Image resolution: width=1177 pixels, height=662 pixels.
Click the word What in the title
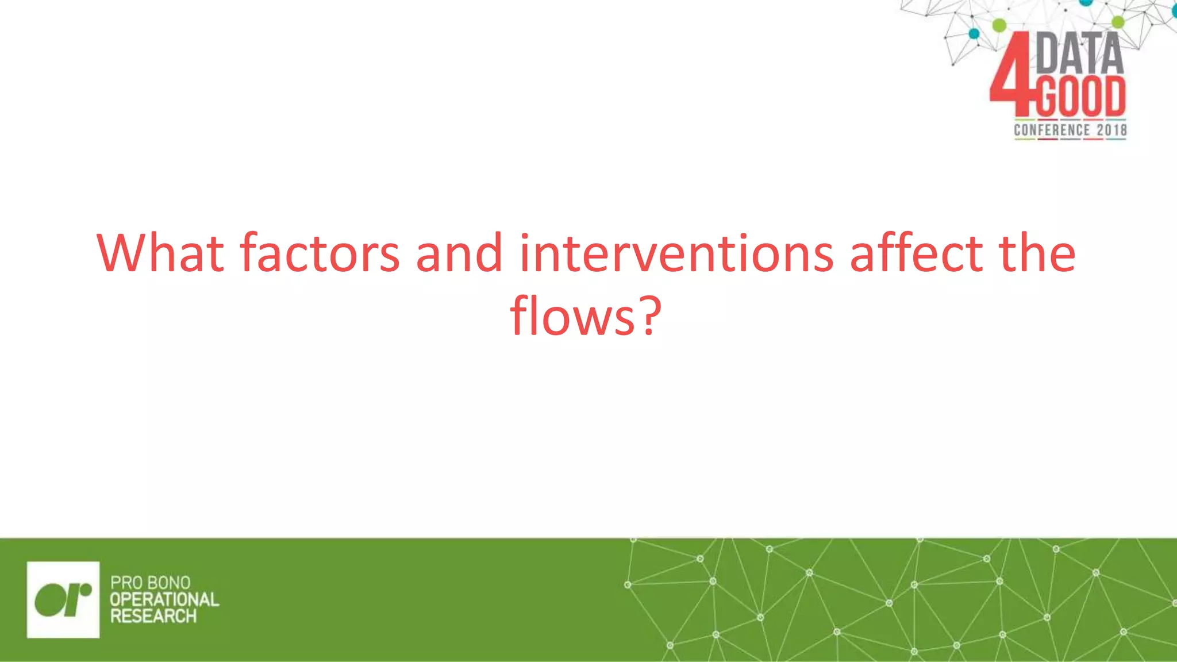click(x=160, y=253)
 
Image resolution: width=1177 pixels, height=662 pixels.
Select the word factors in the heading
click(x=320, y=253)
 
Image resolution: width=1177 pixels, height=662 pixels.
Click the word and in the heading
click(x=459, y=253)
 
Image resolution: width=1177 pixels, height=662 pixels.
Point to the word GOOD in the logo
click(x=1080, y=97)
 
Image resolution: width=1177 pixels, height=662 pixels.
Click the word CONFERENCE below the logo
click(x=1051, y=130)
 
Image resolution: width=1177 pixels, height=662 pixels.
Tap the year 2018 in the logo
click(x=1111, y=130)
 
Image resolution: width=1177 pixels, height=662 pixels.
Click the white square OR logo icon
click(x=63, y=599)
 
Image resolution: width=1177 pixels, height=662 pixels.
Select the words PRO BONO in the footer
click(x=150, y=583)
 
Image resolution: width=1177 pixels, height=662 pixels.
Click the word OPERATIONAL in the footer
click(x=164, y=599)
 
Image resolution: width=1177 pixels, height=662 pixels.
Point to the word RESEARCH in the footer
click(x=153, y=616)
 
